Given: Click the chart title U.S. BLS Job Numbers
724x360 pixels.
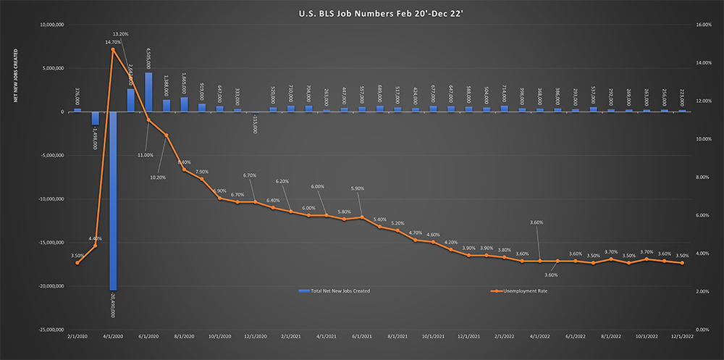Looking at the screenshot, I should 361,12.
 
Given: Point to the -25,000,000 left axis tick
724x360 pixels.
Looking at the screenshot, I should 52,330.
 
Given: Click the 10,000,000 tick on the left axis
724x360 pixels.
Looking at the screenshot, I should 54,25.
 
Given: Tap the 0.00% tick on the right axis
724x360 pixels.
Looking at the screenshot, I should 703,330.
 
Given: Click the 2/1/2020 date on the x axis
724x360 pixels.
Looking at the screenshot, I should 77,337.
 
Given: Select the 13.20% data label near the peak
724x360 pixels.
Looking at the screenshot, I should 122,34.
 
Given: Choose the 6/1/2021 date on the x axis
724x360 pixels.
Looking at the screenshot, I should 361,337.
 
